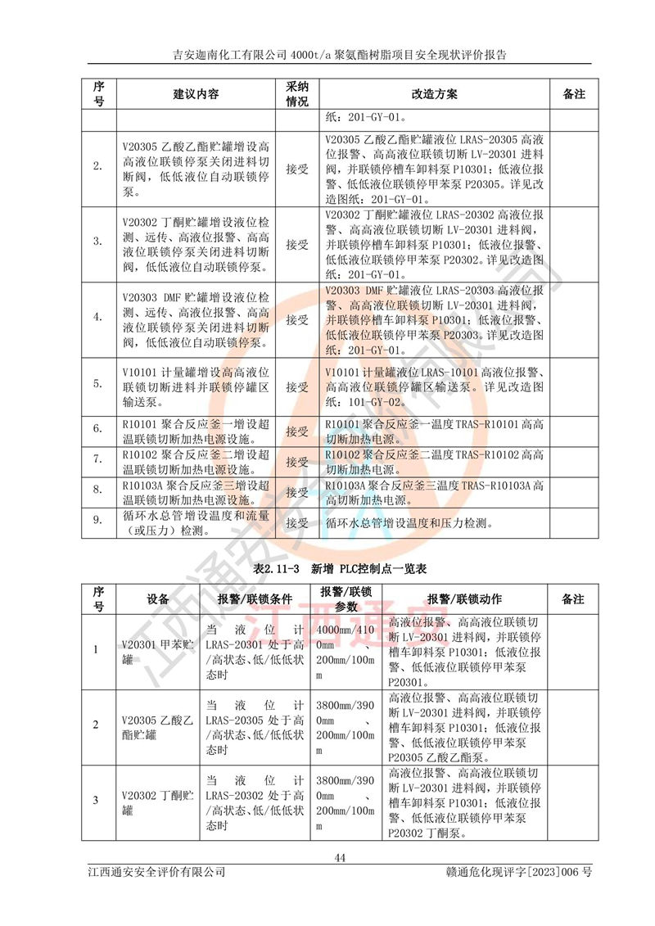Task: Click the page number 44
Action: click(341, 857)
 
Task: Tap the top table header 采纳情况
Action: click(296, 94)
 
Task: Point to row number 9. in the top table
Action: click(97, 521)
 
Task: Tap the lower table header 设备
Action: click(158, 599)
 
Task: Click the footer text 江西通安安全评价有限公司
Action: click(156, 873)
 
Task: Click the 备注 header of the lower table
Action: click(573, 599)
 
